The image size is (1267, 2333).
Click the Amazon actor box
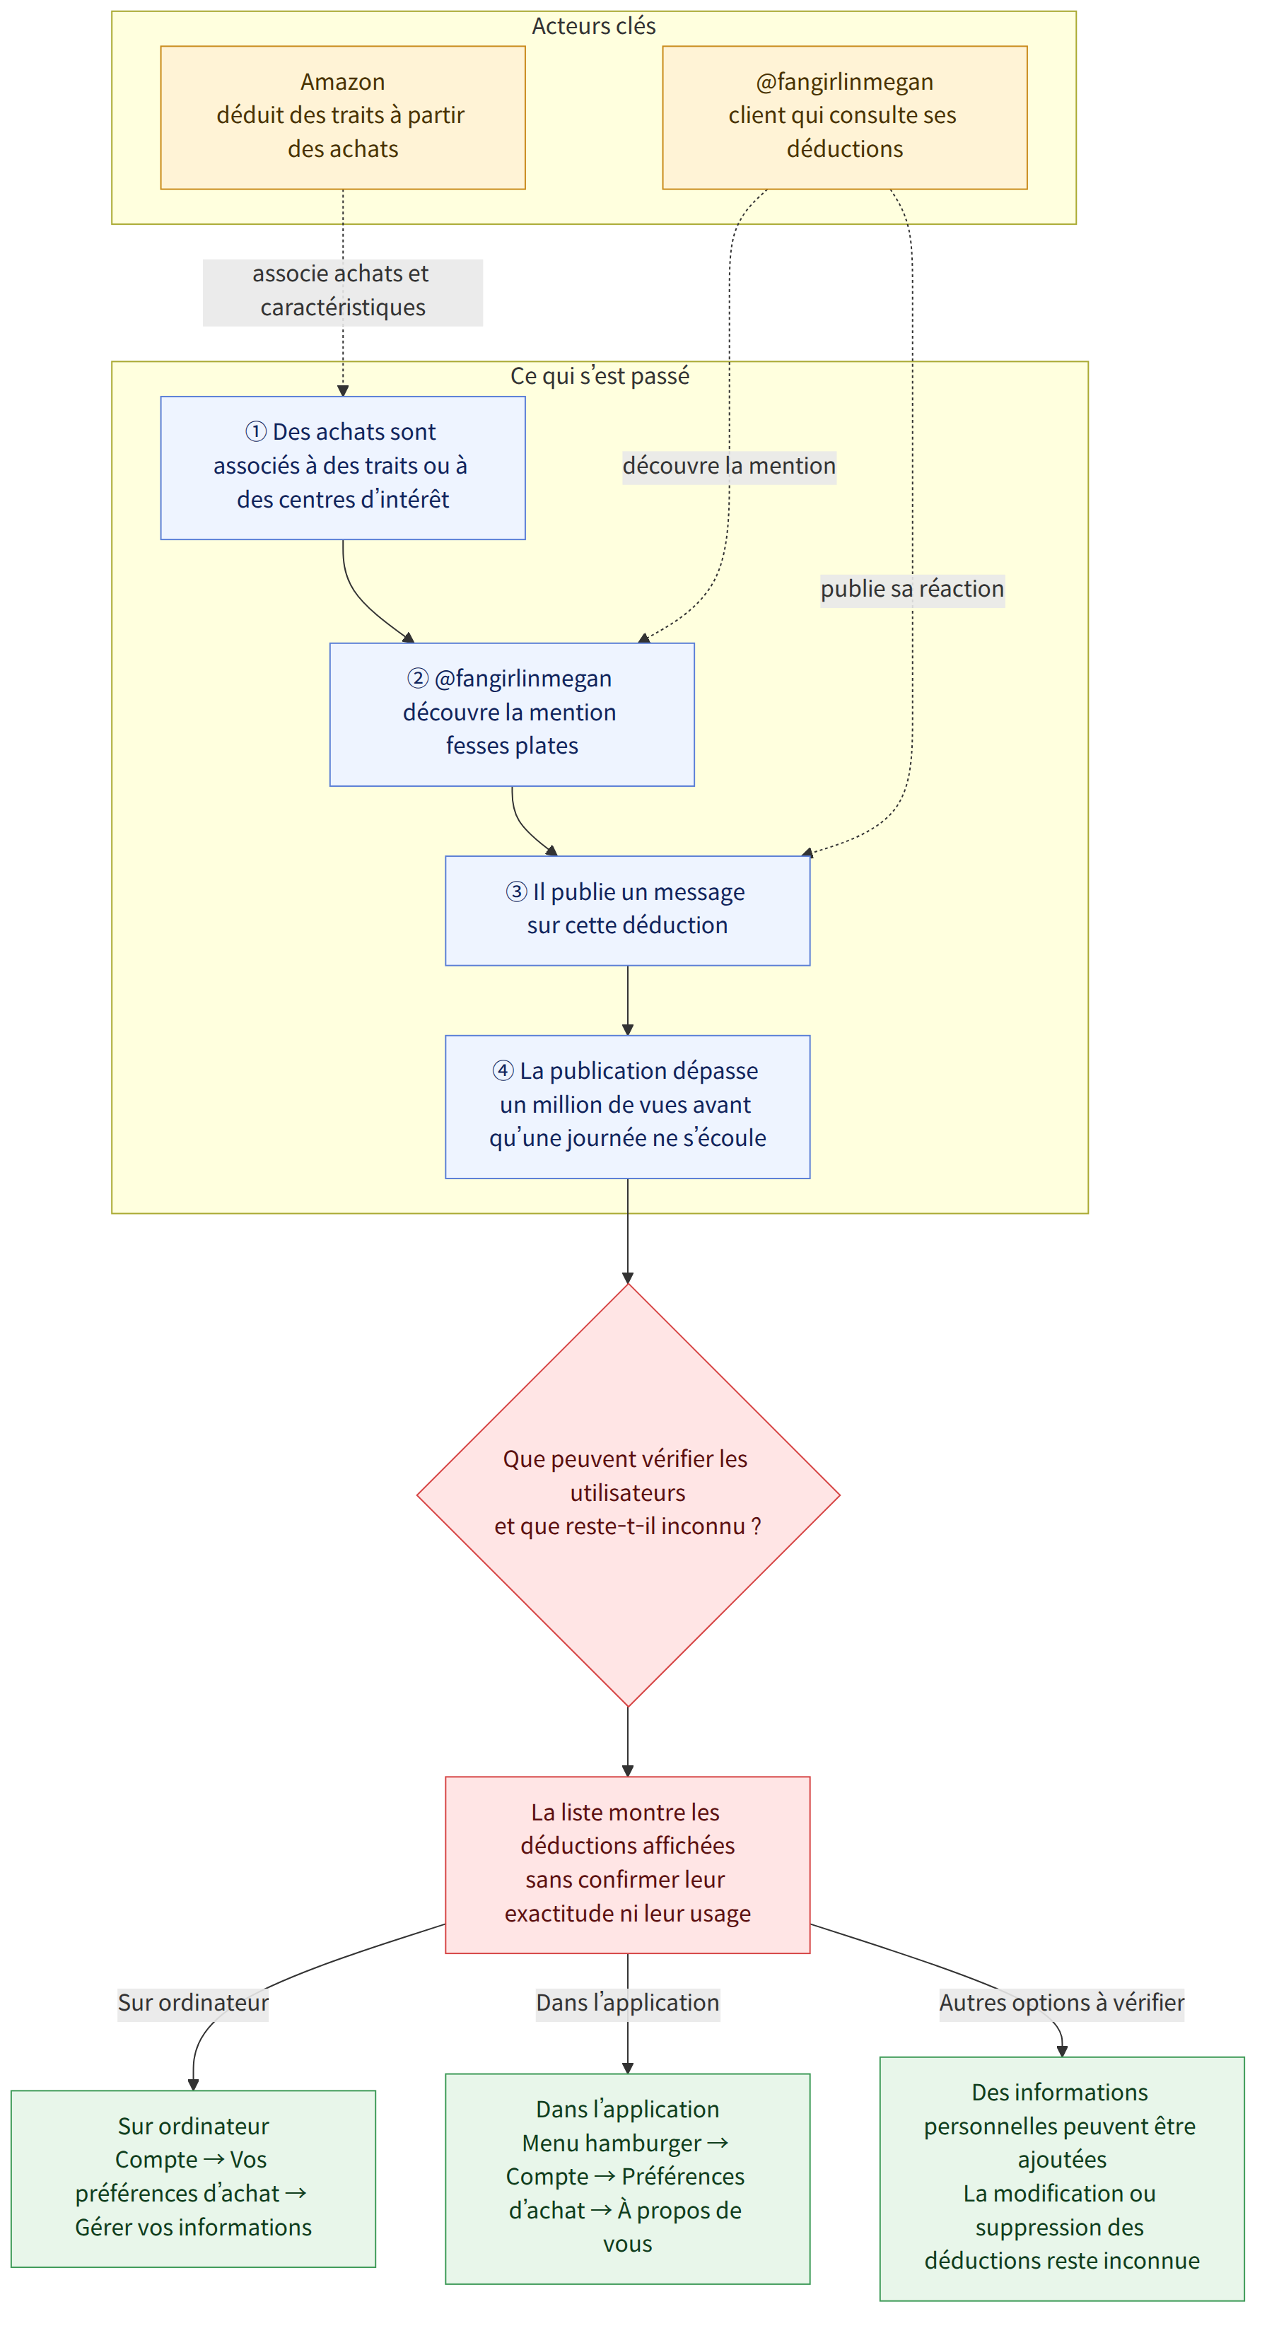click(x=342, y=118)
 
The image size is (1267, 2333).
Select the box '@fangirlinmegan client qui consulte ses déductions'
click(x=844, y=118)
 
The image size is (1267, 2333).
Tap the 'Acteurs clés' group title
click(x=593, y=26)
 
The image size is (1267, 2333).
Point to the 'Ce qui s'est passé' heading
click(x=600, y=376)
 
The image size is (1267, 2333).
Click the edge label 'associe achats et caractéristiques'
click(x=342, y=291)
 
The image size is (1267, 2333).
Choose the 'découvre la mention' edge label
click(x=729, y=467)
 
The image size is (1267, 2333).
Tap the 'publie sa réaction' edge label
click(x=912, y=590)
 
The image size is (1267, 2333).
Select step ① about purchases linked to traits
click(x=342, y=467)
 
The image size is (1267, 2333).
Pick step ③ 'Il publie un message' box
click(x=628, y=910)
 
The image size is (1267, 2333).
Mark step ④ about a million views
click(x=628, y=1106)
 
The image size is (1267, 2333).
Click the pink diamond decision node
click(x=628, y=1495)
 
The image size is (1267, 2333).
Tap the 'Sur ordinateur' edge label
click(x=193, y=2002)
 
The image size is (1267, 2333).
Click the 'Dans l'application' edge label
click(x=628, y=2002)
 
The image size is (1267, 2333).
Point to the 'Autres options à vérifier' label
click(x=1061, y=2002)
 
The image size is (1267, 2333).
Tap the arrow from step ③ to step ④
click(x=628, y=1000)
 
